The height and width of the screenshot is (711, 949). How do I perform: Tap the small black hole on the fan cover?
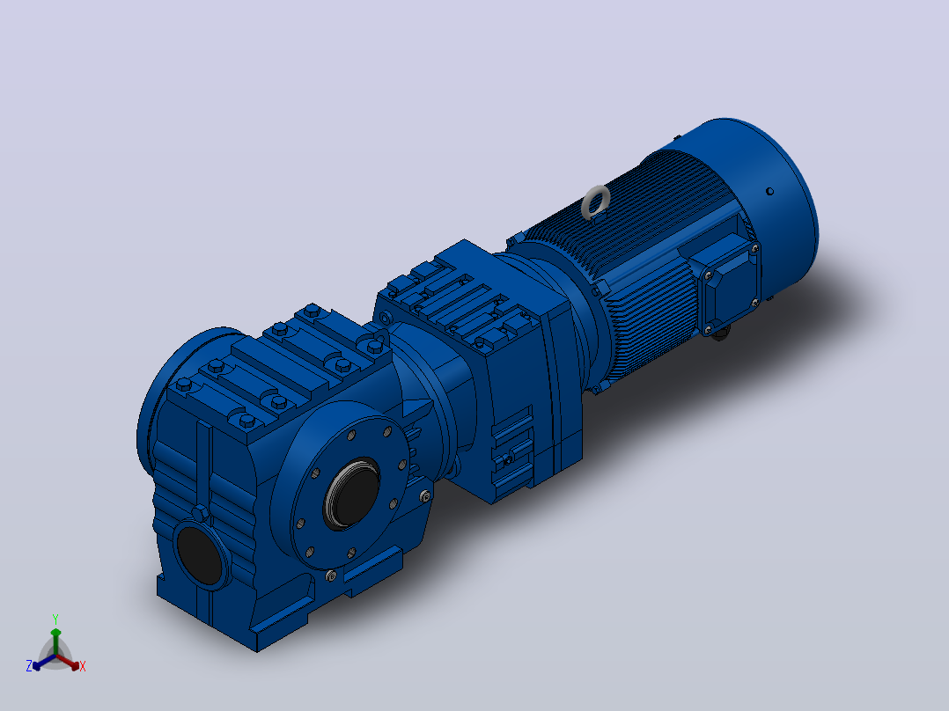(x=769, y=191)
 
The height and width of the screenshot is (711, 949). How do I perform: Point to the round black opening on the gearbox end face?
(x=199, y=556)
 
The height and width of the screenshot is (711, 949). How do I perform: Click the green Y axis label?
(x=55, y=619)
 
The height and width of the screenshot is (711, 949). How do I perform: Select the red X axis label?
(x=83, y=666)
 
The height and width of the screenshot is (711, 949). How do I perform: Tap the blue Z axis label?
(x=28, y=665)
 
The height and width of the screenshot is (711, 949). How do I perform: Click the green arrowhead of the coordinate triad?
(x=55, y=633)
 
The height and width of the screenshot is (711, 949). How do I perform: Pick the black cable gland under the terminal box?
(x=720, y=333)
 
